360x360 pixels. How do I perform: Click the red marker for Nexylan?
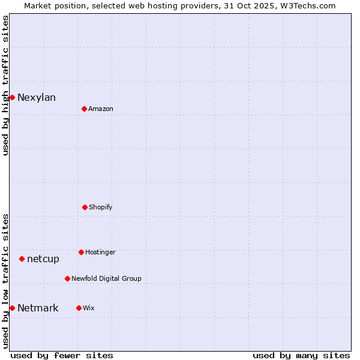coord(12,97)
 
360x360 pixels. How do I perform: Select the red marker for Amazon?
coord(84,109)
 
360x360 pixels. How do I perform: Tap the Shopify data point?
coord(85,207)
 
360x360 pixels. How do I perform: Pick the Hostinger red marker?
coord(81,252)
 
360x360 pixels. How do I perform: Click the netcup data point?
coord(22,259)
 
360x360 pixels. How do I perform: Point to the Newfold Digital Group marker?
coord(67,278)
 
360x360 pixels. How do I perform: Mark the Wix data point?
coord(79,308)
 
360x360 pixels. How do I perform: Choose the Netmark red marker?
coord(12,308)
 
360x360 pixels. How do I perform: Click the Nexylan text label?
coord(37,98)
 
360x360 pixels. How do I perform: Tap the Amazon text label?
coord(101,109)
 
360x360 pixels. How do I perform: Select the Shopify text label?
coord(101,207)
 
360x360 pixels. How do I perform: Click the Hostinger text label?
coord(100,252)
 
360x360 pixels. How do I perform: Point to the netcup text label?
coord(43,259)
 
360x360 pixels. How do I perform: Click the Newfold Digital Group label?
coord(106,278)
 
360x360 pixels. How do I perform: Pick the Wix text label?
coord(89,308)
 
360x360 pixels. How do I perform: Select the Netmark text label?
coord(38,308)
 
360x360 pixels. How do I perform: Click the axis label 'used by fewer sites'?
coord(62,355)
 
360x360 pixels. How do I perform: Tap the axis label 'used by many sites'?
coord(301,355)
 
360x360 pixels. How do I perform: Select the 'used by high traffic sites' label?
coord(6,85)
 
